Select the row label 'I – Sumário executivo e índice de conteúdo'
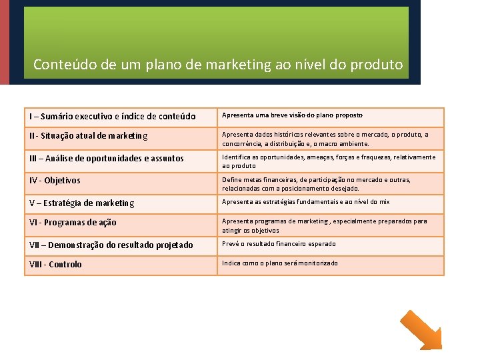(x=113, y=117)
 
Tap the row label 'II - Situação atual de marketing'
(x=89, y=136)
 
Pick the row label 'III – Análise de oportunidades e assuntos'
(x=107, y=159)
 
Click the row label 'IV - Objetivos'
(x=55, y=181)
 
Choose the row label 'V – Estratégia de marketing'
(x=82, y=203)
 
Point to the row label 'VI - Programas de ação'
(x=73, y=223)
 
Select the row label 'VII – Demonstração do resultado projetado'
(x=111, y=245)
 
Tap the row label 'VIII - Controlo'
(x=55, y=265)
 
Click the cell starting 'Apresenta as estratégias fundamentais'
(x=305, y=202)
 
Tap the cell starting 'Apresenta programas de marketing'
(x=324, y=225)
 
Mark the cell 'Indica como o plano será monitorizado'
(x=279, y=263)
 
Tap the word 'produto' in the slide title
(x=377, y=65)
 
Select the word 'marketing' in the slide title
(x=239, y=65)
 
